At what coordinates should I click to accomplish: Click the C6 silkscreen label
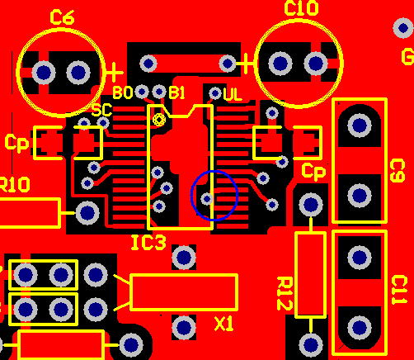[x=62, y=18]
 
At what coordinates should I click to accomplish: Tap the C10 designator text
[x=301, y=8]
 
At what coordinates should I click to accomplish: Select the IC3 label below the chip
[x=148, y=243]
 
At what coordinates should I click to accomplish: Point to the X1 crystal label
[x=223, y=324]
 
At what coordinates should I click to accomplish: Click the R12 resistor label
[x=285, y=293]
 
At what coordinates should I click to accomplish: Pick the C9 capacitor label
[x=398, y=171]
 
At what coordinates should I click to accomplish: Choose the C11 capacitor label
[x=398, y=290]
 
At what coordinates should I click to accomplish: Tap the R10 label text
[x=14, y=184]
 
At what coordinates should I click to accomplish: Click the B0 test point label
[x=123, y=92]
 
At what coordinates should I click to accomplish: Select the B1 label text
[x=176, y=92]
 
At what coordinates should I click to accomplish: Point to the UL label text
[x=233, y=95]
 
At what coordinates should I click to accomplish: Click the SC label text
[x=101, y=111]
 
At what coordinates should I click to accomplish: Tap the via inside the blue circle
[x=207, y=198]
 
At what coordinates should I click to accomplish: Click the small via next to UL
[x=215, y=93]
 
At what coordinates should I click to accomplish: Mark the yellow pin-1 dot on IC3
[x=159, y=120]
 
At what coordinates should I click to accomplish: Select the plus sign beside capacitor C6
[x=115, y=73]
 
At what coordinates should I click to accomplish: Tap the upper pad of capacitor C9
[x=360, y=126]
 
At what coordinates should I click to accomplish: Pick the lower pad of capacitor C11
[x=360, y=327]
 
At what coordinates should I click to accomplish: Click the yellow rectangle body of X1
[x=184, y=292]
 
